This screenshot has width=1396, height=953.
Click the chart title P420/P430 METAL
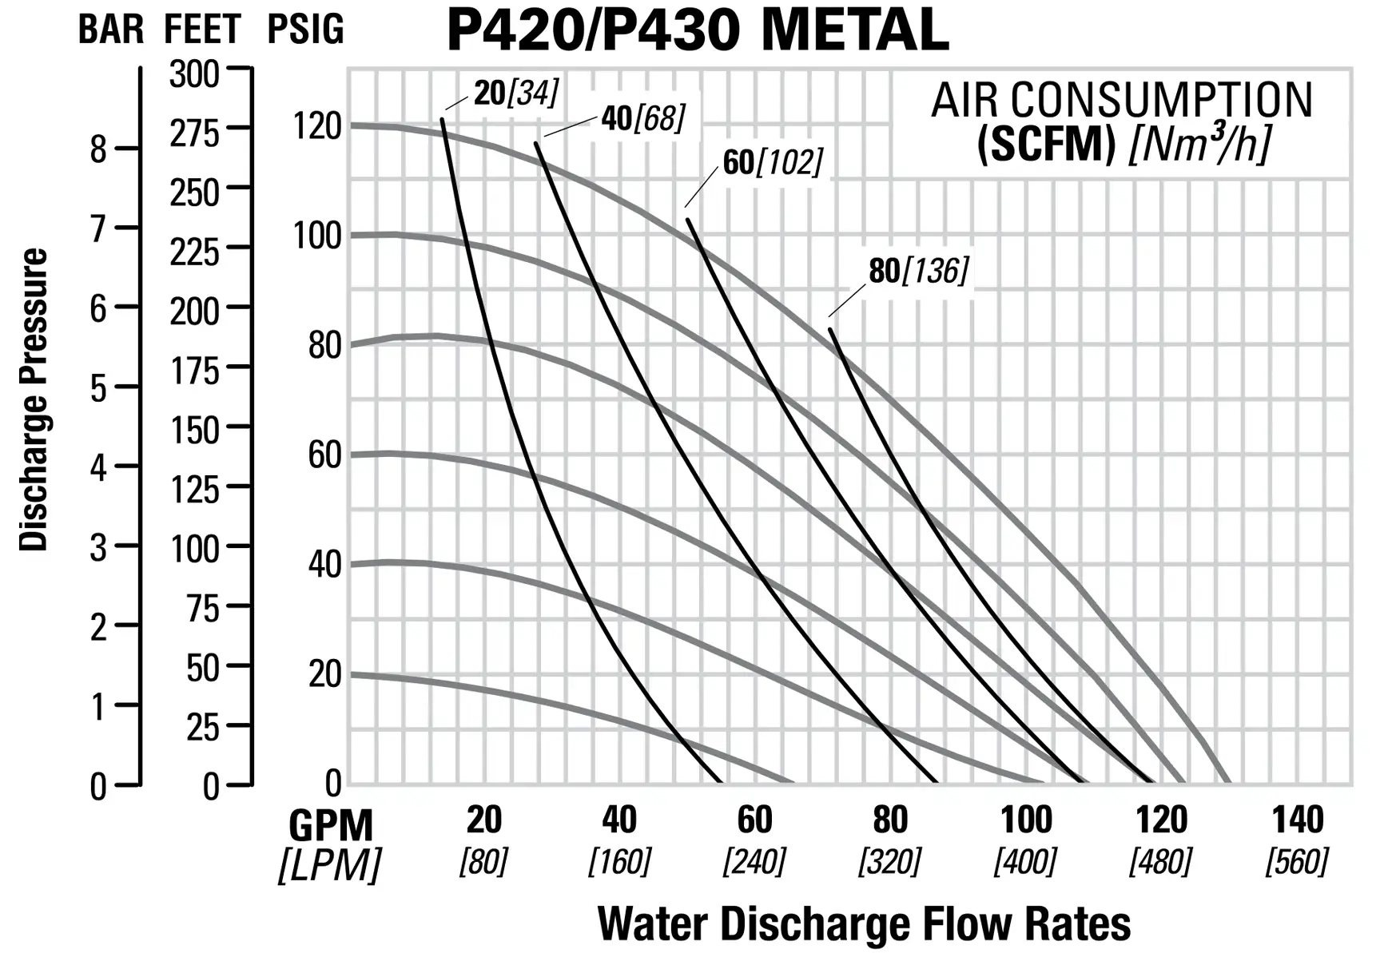pyautogui.click(x=697, y=30)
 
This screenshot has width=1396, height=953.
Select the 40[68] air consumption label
pyautogui.click(x=643, y=119)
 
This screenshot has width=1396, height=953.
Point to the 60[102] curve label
pyautogui.click(x=773, y=162)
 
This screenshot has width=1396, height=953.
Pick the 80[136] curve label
pyautogui.click(x=919, y=271)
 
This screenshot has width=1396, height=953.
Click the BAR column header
pyautogui.click(x=110, y=30)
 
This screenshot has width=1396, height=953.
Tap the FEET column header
pyautogui.click(x=202, y=30)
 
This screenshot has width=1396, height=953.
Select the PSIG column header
pyautogui.click(x=305, y=30)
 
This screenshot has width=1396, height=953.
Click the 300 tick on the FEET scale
pyautogui.click(x=194, y=74)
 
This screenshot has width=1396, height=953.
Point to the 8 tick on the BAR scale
pyautogui.click(x=98, y=149)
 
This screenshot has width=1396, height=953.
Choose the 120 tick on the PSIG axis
pyautogui.click(x=317, y=126)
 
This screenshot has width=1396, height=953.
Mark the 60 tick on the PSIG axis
pyautogui.click(x=324, y=455)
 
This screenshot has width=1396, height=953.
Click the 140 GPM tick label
pyautogui.click(x=1297, y=820)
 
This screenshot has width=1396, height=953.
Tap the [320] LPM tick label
pyautogui.click(x=889, y=862)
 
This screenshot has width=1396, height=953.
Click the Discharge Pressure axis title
pyautogui.click(x=34, y=399)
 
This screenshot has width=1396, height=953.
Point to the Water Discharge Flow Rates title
pyautogui.click(x=864, y=924)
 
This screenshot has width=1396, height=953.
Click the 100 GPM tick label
pyautogui.click(x=1026, y=820)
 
